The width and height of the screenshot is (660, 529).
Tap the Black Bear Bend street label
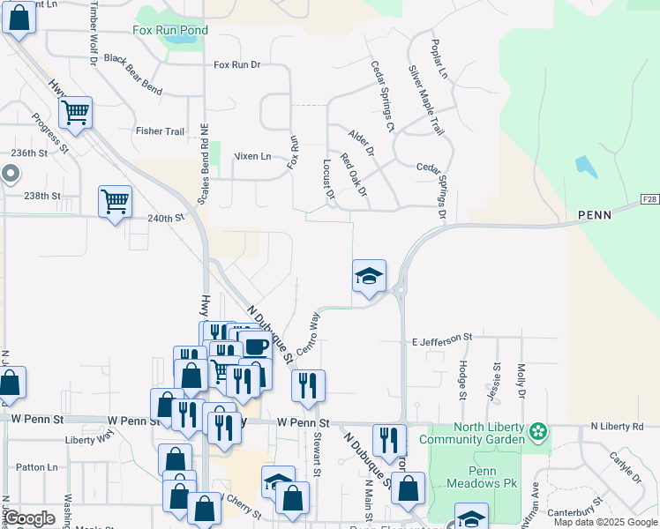132,62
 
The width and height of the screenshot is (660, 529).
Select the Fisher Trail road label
160,131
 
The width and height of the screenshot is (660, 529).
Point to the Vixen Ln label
252,156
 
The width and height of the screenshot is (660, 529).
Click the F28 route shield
649,199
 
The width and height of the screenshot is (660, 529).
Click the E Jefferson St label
442,338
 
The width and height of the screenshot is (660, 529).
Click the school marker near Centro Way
369,277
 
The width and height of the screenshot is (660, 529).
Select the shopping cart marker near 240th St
115,203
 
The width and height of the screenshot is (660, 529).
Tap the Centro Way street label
307,333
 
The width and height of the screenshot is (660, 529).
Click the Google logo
30,518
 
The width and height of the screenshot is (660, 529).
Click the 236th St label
28,153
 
